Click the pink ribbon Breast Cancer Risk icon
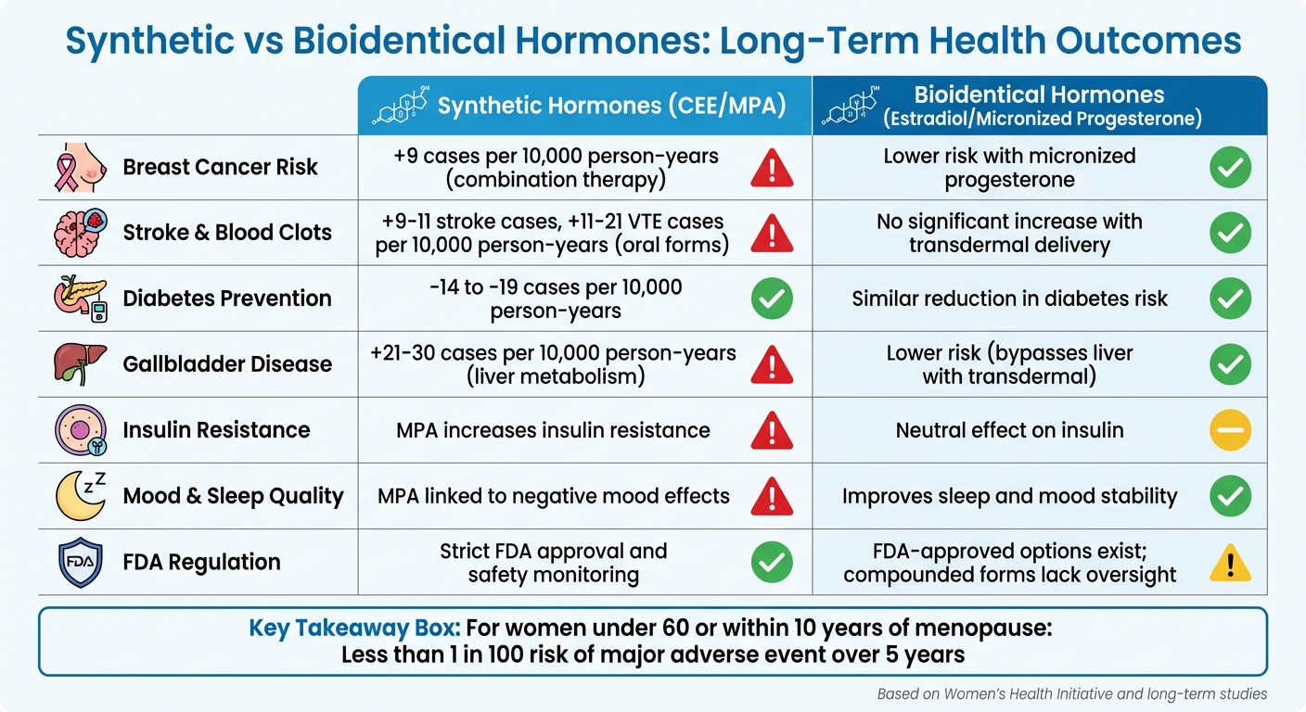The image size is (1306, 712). (x=77, y=168)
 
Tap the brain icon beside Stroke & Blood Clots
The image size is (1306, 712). (x=77, y=233)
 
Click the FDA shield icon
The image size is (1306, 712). (x=77, y=562)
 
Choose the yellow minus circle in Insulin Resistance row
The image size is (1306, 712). (x=1230, y=430)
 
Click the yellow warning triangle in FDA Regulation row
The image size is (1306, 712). (x=1230, y=563)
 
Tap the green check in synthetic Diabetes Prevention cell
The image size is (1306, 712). (x=772, y=299)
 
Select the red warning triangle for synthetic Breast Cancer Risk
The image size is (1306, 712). (x=772, y=168)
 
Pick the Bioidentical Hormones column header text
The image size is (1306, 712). (x=1039, y=106)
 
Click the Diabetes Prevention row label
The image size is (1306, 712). (x=227, y=299)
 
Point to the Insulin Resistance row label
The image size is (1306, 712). (x=216, y=430)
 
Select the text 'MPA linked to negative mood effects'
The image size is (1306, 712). (x=553, y=496)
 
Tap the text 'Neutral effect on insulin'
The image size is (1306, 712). (x=1009, y=430)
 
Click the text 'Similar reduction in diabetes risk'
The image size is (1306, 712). (x=1009, y=299)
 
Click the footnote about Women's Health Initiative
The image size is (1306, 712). (x=1071, y=693)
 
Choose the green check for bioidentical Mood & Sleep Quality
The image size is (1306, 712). (x=1230, y=496)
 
